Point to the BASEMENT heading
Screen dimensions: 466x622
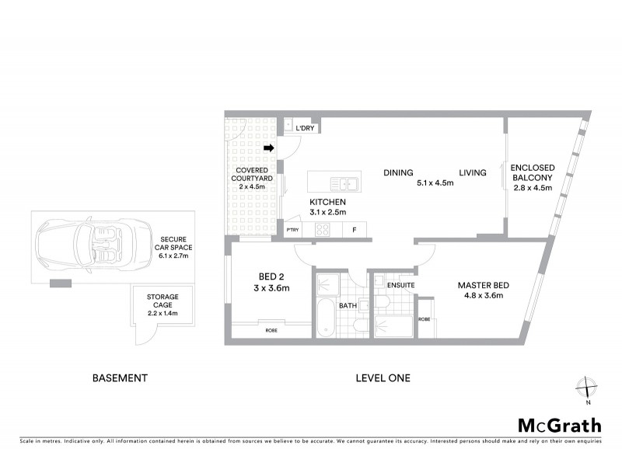tap(120, 378)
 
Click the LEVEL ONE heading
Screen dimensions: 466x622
tap(383, 378)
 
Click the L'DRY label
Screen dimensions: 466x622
tap(305, 128)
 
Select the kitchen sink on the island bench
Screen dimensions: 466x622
tap(343, 184)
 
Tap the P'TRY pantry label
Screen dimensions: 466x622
tap(293, 230)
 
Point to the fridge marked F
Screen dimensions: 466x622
tap(355, 229)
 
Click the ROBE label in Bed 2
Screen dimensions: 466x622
tap(271, 331)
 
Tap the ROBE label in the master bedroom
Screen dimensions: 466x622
tap(425, 319)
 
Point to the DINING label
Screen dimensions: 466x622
tap(397, 173)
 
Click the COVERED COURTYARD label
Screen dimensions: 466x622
tap(251, 177)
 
